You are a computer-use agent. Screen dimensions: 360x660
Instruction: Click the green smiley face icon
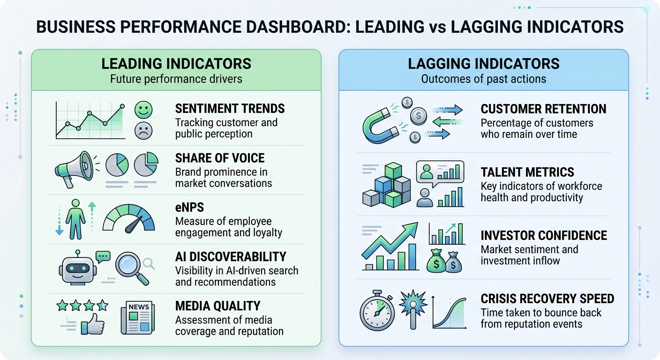(x=143, y=111)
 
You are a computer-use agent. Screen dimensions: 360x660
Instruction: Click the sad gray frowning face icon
(x=143, y=131)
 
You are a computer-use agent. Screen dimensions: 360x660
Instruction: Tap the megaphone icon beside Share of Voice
(x=74, y=169)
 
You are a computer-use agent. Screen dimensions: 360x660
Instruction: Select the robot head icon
(x=77, y=268)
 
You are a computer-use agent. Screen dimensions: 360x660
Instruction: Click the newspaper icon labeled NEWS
(x=137, y=317)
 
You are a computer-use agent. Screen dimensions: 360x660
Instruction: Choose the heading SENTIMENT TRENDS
(x=230, y=109)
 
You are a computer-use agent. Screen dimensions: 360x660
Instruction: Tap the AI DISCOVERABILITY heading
(x=230, y=257)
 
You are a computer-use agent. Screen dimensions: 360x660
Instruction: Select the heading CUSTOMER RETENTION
(x=543, y=109)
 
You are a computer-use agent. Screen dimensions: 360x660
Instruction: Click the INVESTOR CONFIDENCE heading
(x=544, y=235)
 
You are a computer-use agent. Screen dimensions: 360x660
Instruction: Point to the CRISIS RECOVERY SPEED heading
(x=547, y=299)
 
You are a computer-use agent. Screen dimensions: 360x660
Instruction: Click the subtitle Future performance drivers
(x=176, y=78)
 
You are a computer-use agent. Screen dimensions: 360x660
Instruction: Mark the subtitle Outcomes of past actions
(x=483, y=78)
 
